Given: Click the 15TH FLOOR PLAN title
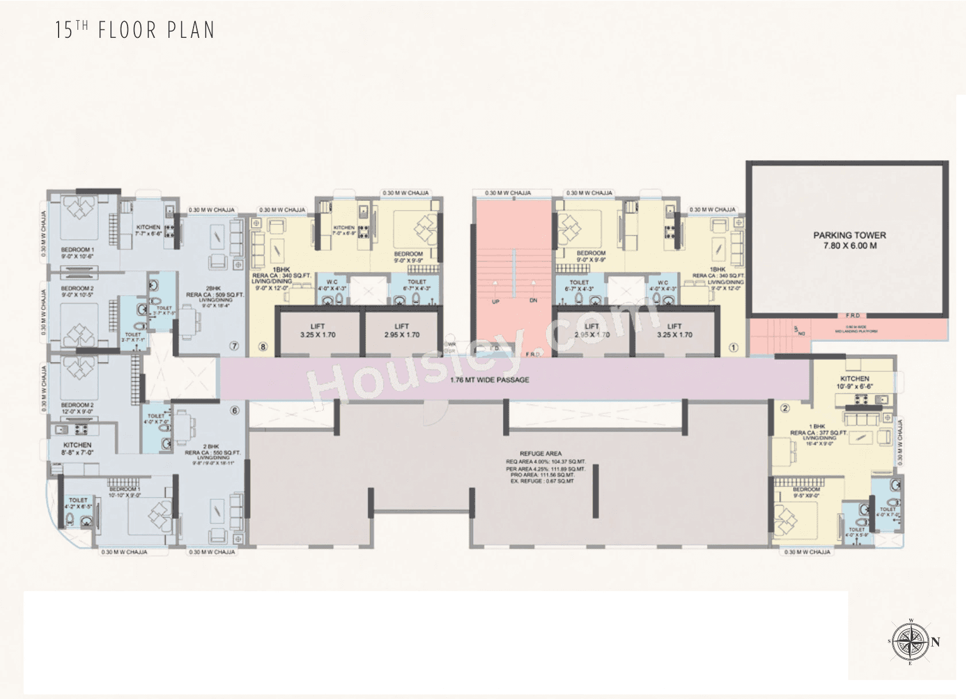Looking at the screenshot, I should [x=135, y=30].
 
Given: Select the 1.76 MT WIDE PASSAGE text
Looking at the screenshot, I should [x=489, y=380].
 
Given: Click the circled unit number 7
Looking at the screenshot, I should [x=234, y=346].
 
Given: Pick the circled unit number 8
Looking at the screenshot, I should [x=263, y=347].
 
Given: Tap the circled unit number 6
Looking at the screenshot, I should [x=234, y=410].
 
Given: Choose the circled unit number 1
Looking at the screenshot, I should [x=732, y=347].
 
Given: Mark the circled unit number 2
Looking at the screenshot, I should [x=785, y=408].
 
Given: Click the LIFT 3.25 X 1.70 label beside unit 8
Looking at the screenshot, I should [x=318, y=331].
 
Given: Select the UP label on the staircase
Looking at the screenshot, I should [x=495, y=301].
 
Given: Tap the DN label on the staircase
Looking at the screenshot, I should [x=533, y=301].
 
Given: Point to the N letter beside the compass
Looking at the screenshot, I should [x=936, y=642].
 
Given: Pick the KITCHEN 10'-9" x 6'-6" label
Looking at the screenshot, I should [x=855, y=382].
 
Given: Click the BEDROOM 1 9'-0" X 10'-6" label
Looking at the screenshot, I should [x=77, y=253].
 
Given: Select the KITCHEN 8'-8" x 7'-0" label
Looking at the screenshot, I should [x=78, y=448].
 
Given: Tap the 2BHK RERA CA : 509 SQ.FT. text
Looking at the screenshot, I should [x=214, y=292].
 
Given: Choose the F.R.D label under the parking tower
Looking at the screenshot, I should [x=853, y=316].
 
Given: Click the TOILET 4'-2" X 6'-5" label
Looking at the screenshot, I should [x=78, y=503].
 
